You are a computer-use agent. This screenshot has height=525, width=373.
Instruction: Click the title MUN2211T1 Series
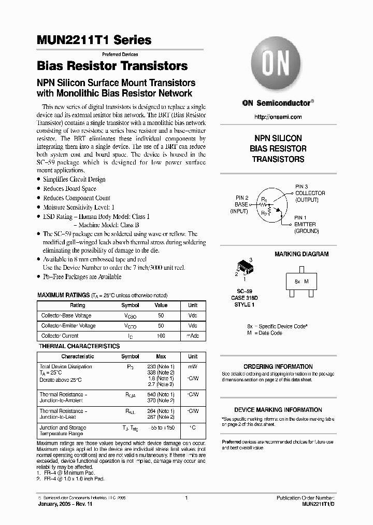[x=94, y=40]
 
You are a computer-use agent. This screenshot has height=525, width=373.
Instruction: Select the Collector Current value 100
[x=161, y=336]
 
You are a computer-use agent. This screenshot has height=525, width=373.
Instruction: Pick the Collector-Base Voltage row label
[x=66, y=315]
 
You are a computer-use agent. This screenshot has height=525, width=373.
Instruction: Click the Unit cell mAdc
[x=192, y=336]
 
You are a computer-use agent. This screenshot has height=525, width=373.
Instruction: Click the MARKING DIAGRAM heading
[x=301, y=254]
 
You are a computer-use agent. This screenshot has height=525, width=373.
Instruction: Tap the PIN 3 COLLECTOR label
[x=310, y=193]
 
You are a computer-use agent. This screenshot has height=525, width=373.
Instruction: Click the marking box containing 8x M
[x=302, y=281]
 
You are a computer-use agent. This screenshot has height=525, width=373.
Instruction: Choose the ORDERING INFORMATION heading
[x=278, y=366]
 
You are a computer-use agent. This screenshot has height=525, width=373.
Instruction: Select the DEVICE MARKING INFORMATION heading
[x=278, y=409]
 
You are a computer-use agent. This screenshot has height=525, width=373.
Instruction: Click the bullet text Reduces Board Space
[x=69, y=189]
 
